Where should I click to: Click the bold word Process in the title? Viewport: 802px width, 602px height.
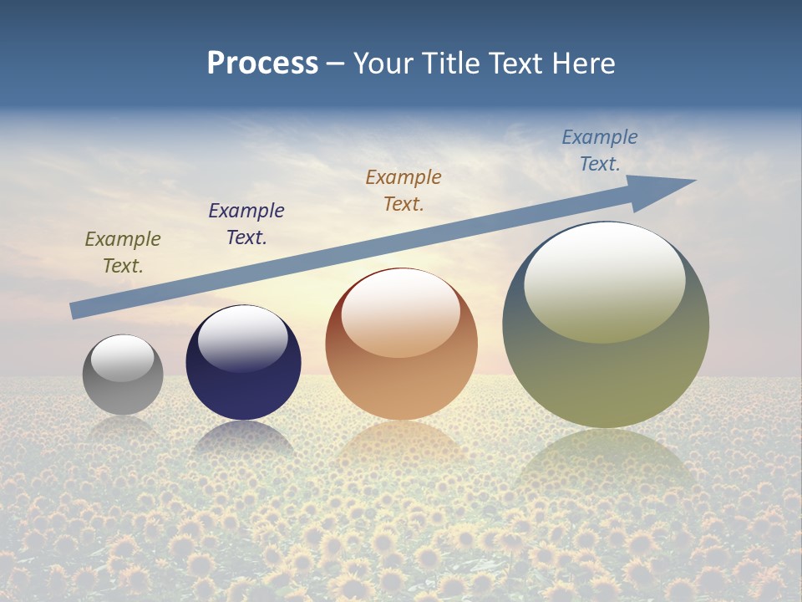pos(262,64)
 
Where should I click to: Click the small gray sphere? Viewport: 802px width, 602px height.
pos(123,385)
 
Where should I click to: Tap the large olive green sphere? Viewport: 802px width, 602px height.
pos(606,368)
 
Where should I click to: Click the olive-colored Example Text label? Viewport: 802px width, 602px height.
pos(123,253)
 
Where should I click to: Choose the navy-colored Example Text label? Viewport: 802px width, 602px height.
pos(246,224)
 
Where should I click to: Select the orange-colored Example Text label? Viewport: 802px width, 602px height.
pos(404,191)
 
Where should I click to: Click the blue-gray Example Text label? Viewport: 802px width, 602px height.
pos(600,150)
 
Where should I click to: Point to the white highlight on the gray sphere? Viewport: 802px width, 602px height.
pos(122,358)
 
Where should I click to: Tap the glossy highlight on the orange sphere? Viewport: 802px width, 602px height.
pos(401,314)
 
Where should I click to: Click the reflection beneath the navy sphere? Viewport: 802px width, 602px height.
pos(243,438)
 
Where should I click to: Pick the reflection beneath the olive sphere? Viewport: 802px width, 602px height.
pos(606,468)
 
